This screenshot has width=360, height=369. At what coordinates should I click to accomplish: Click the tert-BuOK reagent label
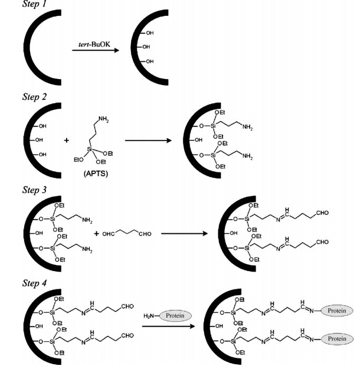click(93, 44)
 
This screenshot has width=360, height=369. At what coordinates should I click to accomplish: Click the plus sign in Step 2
click(66, 141)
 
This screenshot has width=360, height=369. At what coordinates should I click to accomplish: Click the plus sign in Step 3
click(96, 234)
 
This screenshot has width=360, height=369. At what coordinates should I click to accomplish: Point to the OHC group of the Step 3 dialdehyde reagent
click(107, 234)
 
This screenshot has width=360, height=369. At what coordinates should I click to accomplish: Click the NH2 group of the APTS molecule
click(104, 119)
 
